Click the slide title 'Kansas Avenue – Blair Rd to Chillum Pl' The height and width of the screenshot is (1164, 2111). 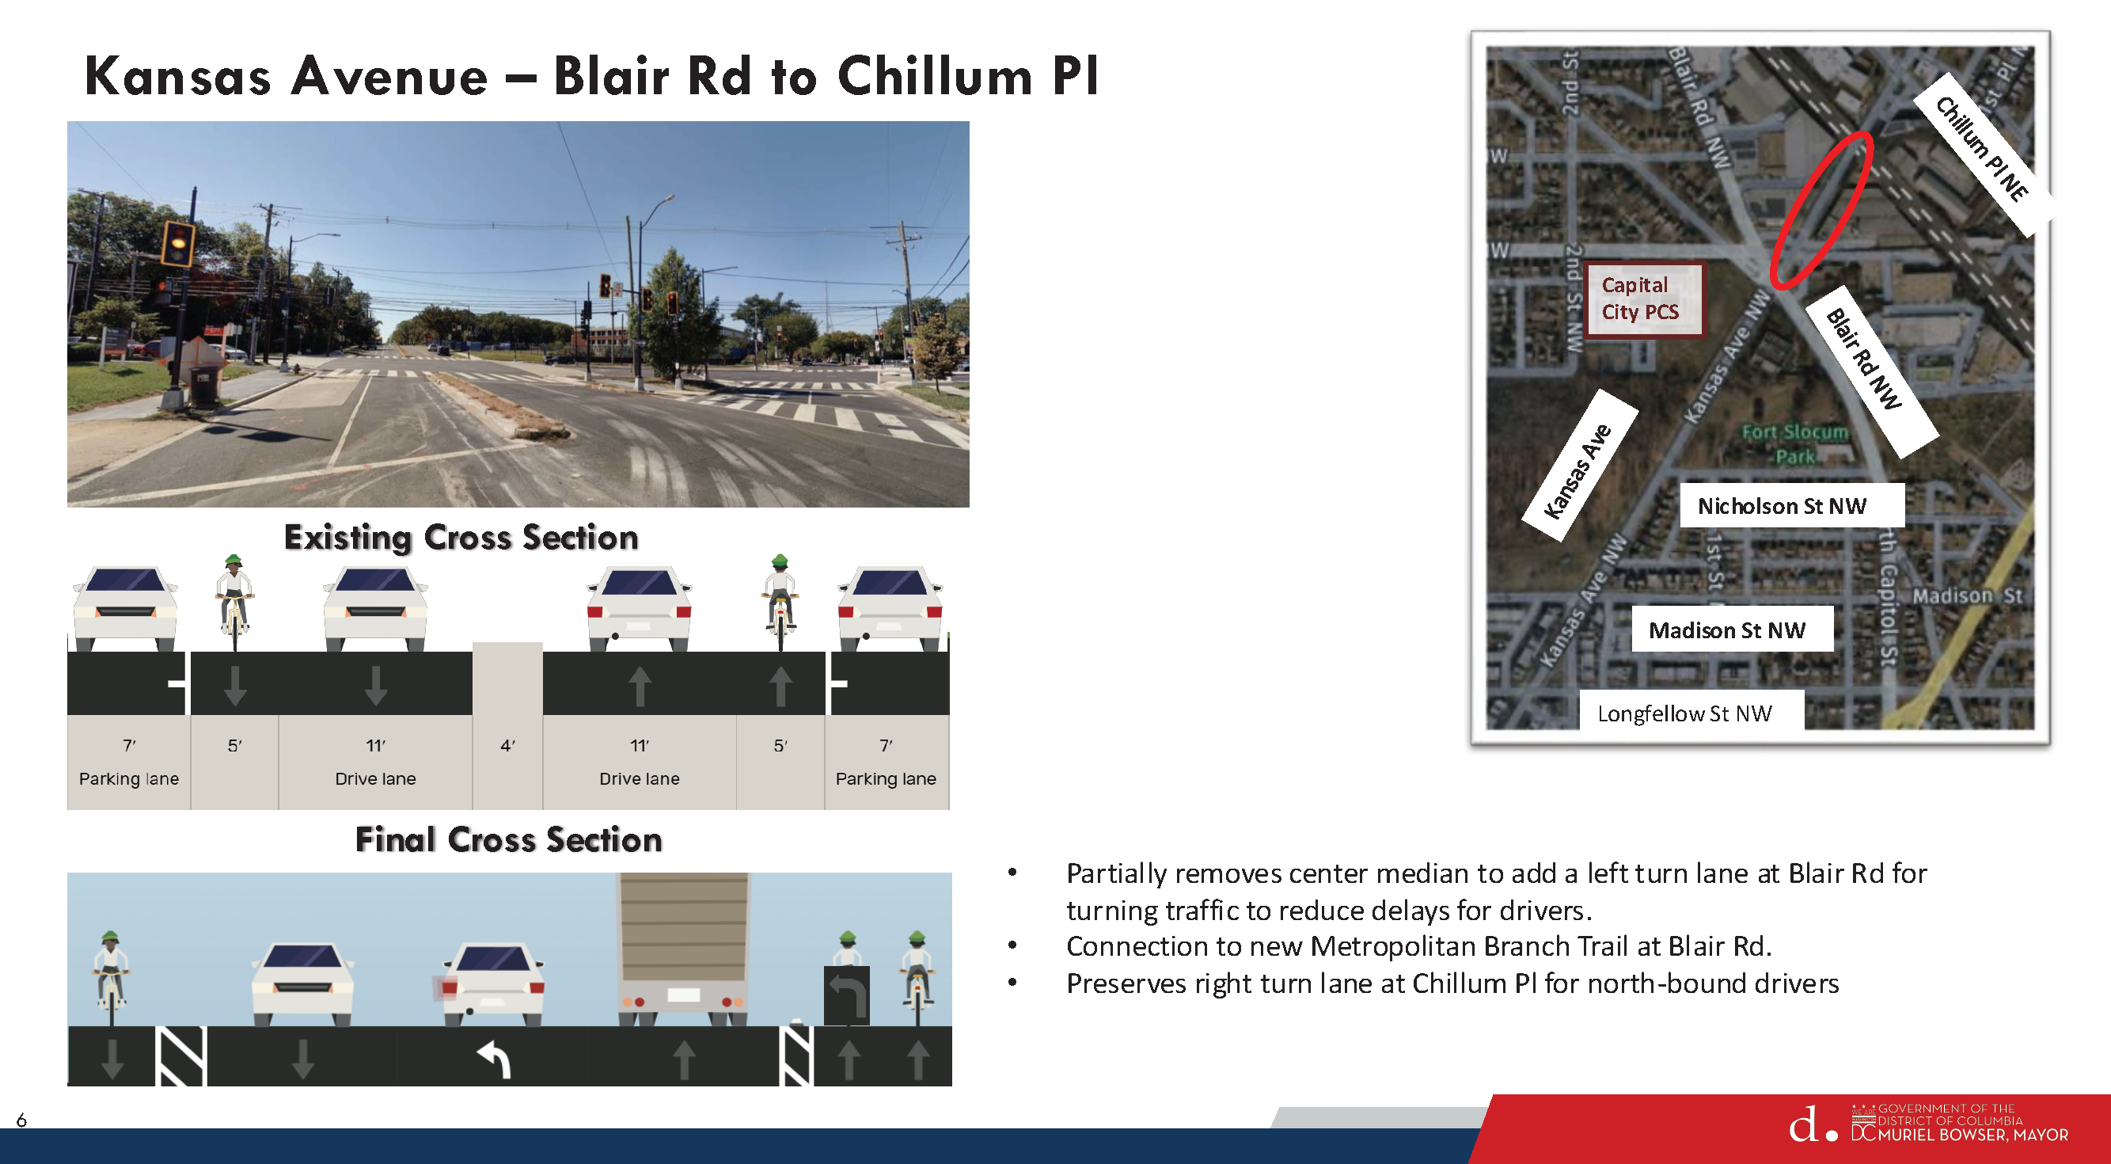click(590, 76)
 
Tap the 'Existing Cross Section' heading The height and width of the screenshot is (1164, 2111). click(461, 538)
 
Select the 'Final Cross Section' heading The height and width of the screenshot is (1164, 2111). click(508, 840)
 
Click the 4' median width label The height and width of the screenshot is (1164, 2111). click(507, 746)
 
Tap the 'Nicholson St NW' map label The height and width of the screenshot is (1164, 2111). click(1782, 506)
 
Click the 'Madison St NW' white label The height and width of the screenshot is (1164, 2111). click(1726, 630)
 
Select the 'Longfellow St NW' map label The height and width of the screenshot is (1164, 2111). click(1684, 713)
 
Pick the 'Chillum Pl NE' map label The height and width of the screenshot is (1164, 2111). click(1982, 149)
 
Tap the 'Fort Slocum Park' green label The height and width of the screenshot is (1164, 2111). click(1794, 443)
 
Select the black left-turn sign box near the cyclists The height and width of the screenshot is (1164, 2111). click(846, 995)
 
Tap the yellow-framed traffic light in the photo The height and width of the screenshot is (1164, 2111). click(178, 242)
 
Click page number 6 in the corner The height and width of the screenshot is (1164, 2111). click(21, 1120)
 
